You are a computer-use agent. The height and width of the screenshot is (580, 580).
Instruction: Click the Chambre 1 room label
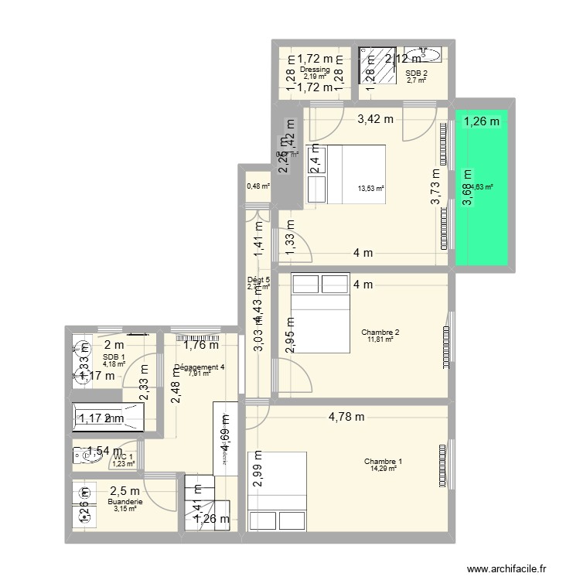[x=383, y=462]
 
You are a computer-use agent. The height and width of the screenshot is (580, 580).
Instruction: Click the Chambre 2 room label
[x=380, y=333]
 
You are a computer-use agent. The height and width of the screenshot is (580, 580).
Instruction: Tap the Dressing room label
[x=316, y=70]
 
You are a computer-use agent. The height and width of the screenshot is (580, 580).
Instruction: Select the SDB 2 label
[x=416, y=73]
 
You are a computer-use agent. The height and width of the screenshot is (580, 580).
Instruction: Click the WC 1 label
[x=124, y=457]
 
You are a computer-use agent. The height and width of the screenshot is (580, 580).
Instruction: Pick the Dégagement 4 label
[x=200, y=367]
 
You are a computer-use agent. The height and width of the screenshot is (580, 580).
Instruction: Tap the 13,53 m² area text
[x=370, y=187]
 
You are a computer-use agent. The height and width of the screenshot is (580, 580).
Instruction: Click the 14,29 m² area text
[x=383, y=469]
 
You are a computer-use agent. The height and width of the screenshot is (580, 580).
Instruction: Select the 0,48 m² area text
[x=258, y=186]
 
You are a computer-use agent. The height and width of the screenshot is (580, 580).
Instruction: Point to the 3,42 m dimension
[x=374, y=119]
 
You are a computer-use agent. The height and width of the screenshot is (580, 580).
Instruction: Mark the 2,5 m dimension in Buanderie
[x=125, y=491]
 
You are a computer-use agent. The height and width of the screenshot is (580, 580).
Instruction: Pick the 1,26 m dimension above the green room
[x=482, y=121]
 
